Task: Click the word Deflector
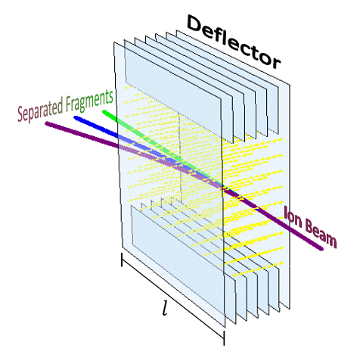pyautogui.click(x=233, y=42)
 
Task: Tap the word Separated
pyautogui.click(x=40, y=109)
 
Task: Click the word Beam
pyautogui.click(x=321, y=233)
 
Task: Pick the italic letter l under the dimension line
pyautogui.click(x=165, y=308)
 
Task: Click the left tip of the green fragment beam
pyautogui.click(x=104, y=111)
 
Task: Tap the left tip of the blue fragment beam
pyautogui.click(x=76, y=117)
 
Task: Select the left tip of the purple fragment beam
pyautogui.click(x=47, y=123)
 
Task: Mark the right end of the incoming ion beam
pyautogui.click(x=321, y=249)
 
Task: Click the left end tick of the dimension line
pyautogui.click(x=122, y=260)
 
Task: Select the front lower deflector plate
pyautogui.click(x=177, y=260)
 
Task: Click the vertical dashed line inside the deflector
pyautogui.click(x=180, y=157)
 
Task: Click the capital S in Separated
pyautogui.click(x=20, y=114)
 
